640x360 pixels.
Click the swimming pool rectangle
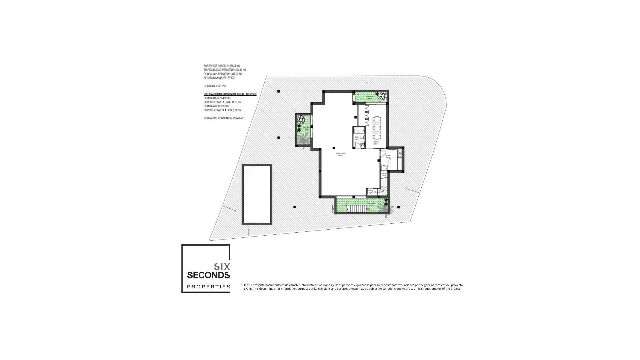point(257,194)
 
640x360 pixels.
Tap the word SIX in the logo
point(222,267)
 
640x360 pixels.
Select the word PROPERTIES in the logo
point(209,287)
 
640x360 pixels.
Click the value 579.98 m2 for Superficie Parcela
point(235,66)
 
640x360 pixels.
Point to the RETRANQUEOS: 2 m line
point(215,86)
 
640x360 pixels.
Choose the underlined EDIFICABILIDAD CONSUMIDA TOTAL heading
point(230,94)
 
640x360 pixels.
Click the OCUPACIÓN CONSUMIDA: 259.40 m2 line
point(224,118)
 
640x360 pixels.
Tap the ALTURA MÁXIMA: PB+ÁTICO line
point(219,78)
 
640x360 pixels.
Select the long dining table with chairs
point(377,127)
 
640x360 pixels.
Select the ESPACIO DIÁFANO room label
point(340,154)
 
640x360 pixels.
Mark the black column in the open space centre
point(334,148)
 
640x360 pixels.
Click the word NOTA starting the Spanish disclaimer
point(244,285)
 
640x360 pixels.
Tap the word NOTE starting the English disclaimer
point(248,289)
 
